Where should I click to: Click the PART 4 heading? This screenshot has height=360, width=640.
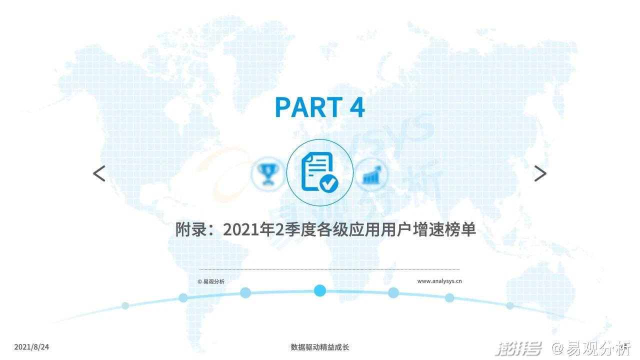point(319,107)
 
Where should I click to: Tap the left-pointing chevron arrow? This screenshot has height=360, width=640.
point(99,173)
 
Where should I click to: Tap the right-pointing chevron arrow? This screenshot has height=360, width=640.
point(540,173)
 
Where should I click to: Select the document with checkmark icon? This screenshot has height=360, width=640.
point(319,172)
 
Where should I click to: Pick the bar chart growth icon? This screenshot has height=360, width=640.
point(371,174)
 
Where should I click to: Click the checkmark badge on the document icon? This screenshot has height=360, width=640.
point(329,183)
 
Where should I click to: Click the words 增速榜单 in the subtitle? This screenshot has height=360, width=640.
point(444,229)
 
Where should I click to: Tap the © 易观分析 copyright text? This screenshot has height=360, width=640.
point(211,281)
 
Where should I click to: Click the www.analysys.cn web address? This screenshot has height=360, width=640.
point(439,281)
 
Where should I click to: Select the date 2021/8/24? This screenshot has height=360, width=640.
point(31,347)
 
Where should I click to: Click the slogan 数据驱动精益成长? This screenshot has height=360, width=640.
point(319,347)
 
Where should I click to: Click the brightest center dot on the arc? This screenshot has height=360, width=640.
point(319,290)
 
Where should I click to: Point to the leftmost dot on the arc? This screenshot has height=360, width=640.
point(125,305)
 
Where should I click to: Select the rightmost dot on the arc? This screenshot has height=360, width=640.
point(510,305)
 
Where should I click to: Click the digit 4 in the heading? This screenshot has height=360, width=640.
point(357,107)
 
